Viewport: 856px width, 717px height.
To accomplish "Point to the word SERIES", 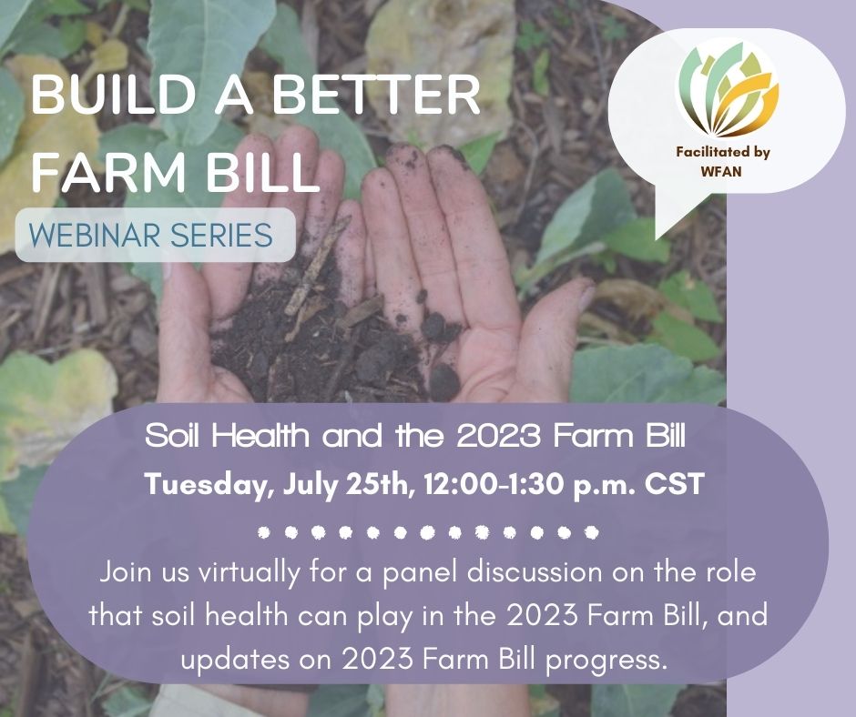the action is coord(221,235).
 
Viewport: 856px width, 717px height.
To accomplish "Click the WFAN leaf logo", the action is coord(728,91).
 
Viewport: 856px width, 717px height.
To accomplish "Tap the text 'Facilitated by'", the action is coord(723,152).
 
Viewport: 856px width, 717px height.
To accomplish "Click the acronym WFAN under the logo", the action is coord(722,171).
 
